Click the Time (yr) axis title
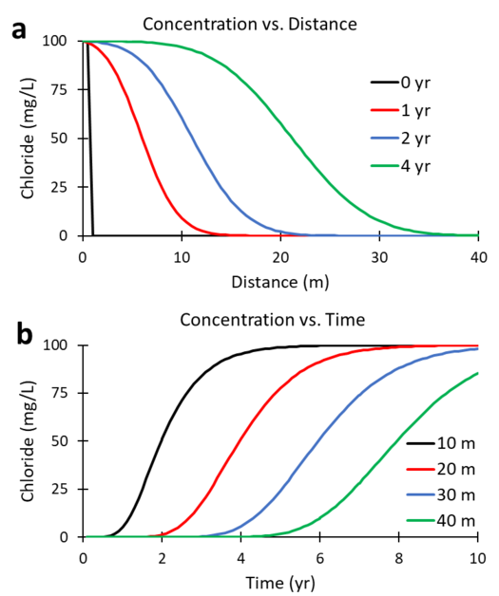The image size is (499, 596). [280, 579]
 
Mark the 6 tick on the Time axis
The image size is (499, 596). [320, 556]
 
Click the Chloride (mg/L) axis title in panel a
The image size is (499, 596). [28, 139]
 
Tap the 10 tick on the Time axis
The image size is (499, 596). [477, 556]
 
